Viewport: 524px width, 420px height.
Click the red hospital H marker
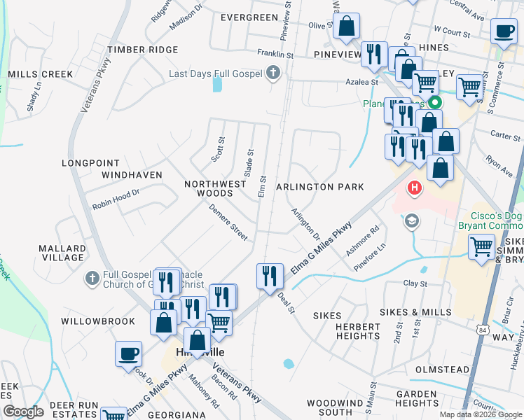[415, 188]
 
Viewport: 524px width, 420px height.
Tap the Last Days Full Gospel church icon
[273, 73]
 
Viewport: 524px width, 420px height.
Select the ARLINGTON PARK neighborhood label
[320, 187]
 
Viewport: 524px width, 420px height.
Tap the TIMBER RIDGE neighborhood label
[143, 50]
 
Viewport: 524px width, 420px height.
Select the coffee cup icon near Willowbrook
[128, 353]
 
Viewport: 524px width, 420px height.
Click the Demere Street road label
[229, 223]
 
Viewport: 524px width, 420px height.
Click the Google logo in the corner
[23, 412]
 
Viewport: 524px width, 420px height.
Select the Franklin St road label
[275, 53]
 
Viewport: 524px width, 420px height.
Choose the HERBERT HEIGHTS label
[357, 331]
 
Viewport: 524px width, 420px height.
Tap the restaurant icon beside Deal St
[270, 275]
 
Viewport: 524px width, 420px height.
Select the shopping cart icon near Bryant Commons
[482, 246]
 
